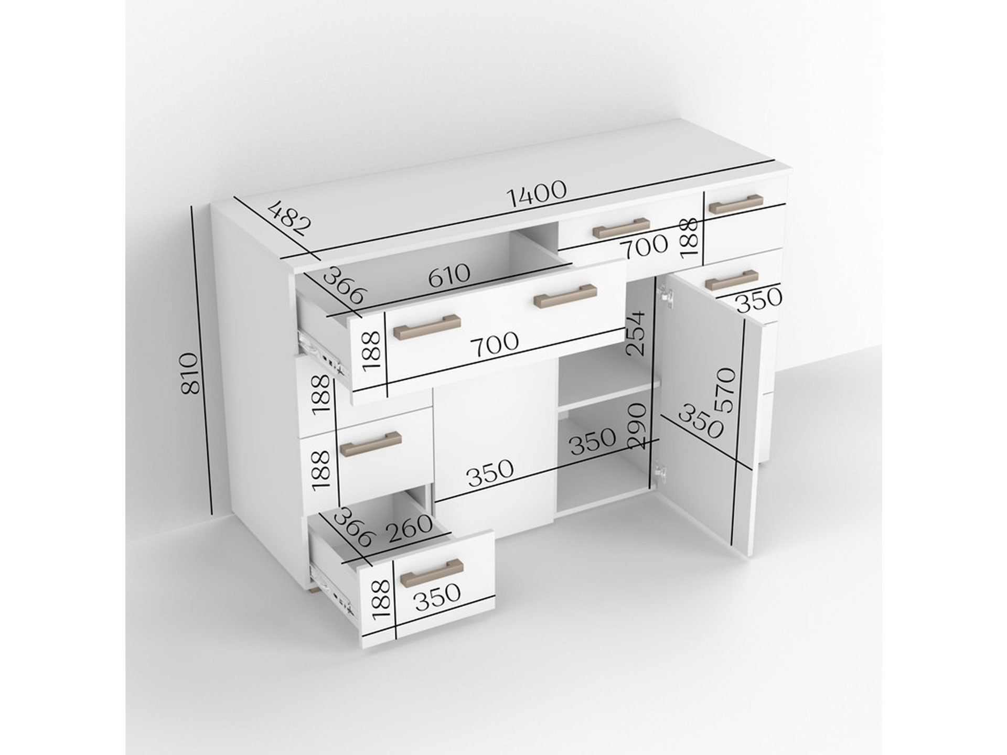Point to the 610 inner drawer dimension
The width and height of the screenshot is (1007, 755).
coord(449,276)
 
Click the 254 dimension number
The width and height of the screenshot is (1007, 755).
coord(636,333)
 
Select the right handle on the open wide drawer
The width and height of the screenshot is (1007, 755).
coord(565,296)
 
